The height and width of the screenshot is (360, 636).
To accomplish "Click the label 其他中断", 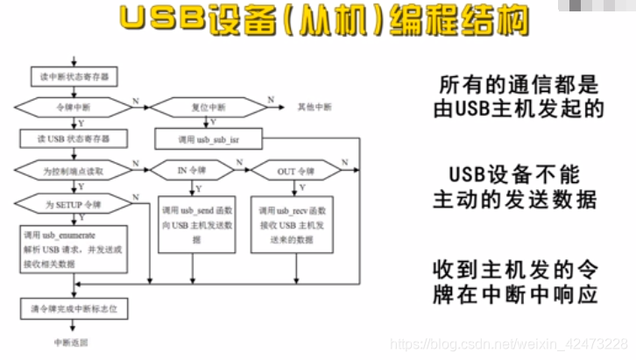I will click(x=314, y=107).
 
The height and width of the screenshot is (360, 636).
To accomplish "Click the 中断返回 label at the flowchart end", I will click(x=71, y=342).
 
